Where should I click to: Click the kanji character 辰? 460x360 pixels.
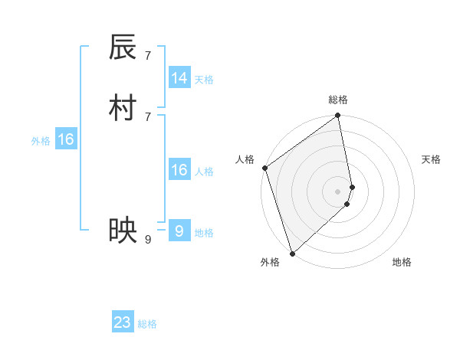point(123,47)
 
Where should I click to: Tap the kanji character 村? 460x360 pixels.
point(123,108)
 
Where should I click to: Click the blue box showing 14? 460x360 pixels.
point(179,78)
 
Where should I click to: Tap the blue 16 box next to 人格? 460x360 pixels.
point(179,170)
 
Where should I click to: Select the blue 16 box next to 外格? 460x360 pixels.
point(66,139)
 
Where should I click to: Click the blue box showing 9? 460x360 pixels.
point(179,231)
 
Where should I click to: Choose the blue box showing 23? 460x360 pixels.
point(123,322)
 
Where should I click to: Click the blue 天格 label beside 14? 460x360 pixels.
point(204,79)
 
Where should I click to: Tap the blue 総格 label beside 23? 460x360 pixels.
point(147,324)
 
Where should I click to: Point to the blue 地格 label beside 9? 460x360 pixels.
point(204,233)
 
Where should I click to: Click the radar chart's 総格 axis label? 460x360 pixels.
point(338,100)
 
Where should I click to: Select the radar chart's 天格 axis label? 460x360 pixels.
point(432,159)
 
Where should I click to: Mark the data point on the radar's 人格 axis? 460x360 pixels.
point(264,168)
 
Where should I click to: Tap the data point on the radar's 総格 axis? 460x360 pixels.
point(338,116)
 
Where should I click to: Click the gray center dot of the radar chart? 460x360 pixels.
point(338,191)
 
